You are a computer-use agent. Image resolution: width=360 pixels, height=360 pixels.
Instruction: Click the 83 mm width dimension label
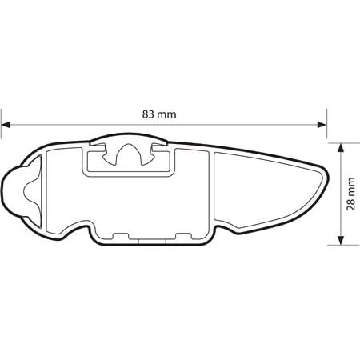point(159,114)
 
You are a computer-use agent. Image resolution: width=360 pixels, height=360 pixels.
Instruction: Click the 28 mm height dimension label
point(351,194)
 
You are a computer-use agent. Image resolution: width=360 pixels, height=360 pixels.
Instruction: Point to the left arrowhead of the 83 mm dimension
point(6,125)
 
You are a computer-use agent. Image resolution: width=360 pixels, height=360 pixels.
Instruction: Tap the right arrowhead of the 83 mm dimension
point(322,125)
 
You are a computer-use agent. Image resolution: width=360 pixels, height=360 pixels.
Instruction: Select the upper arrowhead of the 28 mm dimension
point(341,148)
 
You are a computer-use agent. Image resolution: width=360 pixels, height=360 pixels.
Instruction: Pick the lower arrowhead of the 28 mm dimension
point(341,240)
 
